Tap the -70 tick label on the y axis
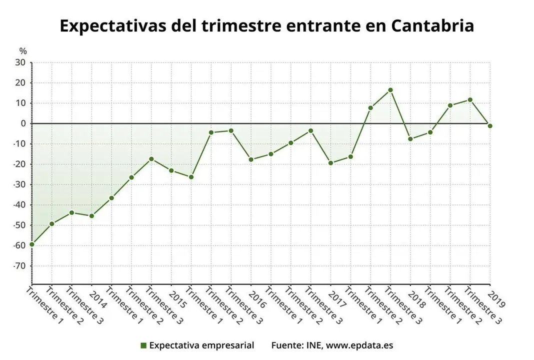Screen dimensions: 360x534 (19, 266)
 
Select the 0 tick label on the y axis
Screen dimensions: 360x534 (23, 123)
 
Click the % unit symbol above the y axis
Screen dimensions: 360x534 (23, 51)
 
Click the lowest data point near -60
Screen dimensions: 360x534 (31, 244)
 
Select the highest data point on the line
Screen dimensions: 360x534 (390, 90)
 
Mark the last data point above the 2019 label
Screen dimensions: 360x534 (490, 125)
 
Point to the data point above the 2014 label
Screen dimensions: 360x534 (91, 216)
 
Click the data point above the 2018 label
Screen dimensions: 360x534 (410, 139)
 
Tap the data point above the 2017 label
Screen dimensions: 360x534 (330, 163)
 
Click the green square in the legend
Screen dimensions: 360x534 (143, 345)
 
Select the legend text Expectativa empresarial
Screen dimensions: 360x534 (201, 345)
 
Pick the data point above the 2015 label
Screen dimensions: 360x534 (171, 170)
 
